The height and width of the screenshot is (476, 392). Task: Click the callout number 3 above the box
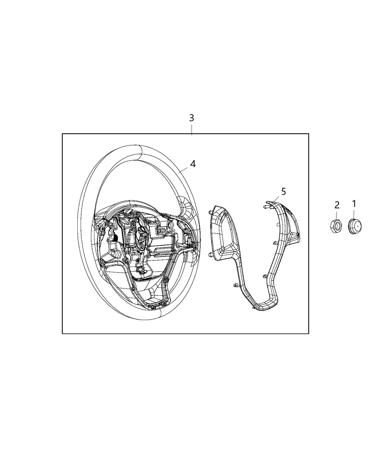[192, 118]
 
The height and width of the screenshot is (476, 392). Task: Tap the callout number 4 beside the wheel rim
[193, 164]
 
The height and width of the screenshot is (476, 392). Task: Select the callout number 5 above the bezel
[283, 192]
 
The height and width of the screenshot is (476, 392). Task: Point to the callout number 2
[337, 205]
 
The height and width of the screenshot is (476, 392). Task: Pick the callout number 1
[354, 203]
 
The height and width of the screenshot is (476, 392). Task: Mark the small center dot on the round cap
[358, 225]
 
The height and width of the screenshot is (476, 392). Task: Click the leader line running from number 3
[192, 129]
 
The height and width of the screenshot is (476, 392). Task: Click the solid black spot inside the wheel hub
[116, 238]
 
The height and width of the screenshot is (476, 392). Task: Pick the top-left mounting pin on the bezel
[211, 212]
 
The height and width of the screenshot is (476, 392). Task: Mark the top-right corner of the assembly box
[308, 134]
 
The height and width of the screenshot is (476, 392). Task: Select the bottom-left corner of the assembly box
[62, 333]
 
